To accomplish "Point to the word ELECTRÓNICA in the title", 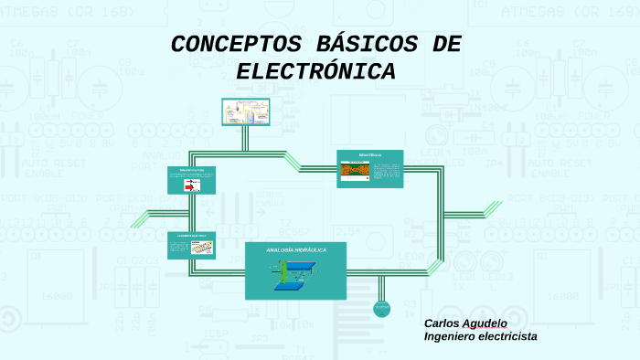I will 315,71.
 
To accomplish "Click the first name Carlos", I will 443,323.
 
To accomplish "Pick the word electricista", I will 509,336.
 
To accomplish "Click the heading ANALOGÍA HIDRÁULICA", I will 295,249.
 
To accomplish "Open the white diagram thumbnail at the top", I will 246,111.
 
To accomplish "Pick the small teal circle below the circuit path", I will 381,309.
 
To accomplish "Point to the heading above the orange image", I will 369,155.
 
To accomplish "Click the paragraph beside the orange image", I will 386,171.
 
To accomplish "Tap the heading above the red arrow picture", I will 190,171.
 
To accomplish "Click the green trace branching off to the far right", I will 489,211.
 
